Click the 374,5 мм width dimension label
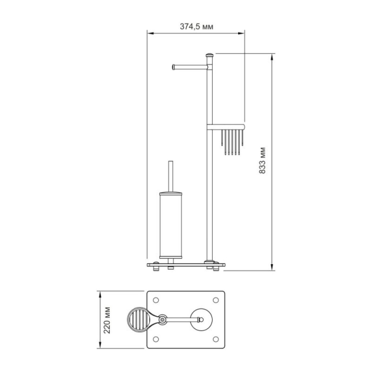[x=196, y=27]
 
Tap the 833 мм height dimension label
[x=262, y=160]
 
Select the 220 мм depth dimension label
[x=107, y=320]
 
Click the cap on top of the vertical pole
[x=210, y=55]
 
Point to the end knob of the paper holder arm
[x=173, y=67]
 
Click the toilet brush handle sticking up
[x=171, y=176]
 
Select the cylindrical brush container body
[x=171, y=225]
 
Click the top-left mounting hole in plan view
[x=156, y=300]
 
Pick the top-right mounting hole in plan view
[x=216, y=300]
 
